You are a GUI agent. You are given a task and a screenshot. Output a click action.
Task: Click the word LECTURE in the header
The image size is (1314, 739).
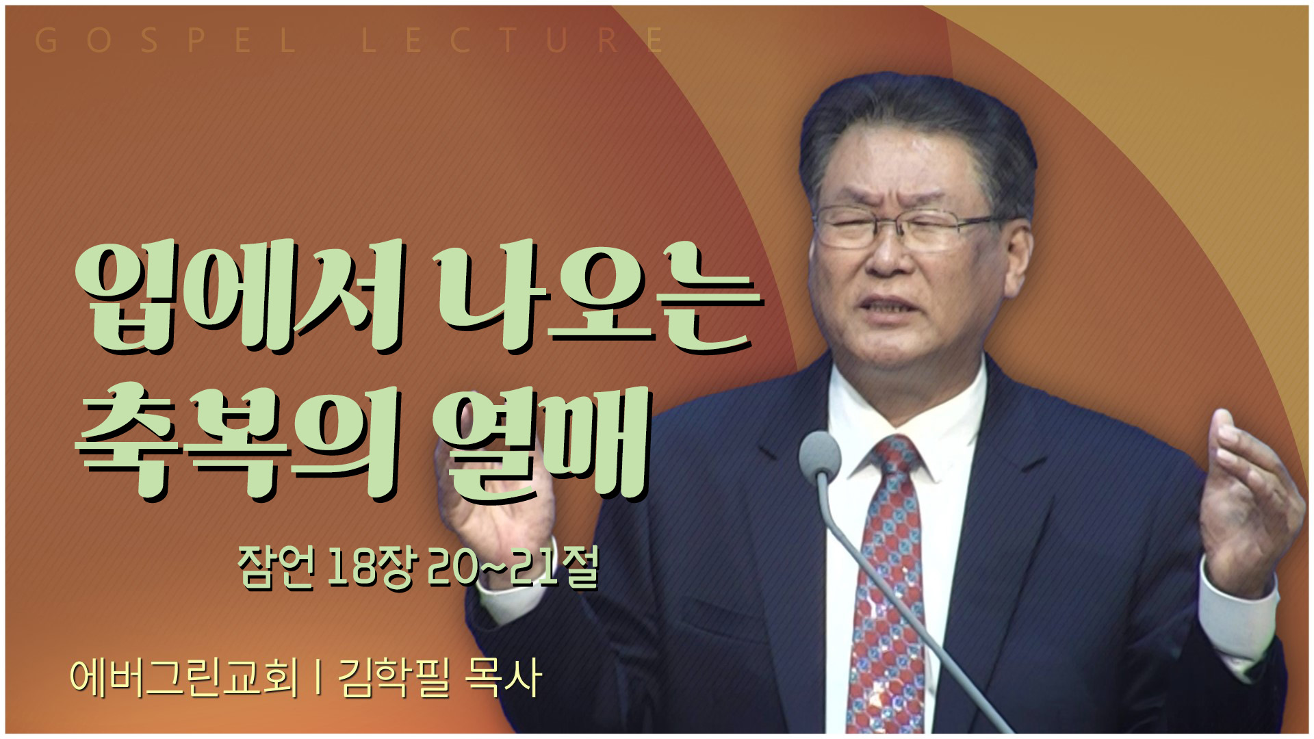tap(513, 40)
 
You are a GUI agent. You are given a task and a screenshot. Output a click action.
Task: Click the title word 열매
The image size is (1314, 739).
tap(541, 445)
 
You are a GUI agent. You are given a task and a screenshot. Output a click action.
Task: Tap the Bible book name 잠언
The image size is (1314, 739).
tap(276, 567)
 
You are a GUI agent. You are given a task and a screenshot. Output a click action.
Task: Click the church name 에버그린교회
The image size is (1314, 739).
tap(185, 677)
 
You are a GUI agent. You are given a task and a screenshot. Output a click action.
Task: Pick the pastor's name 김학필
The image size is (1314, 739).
tap(394, 677)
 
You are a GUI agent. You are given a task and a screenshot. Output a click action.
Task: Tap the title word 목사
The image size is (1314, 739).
tap(503, 677)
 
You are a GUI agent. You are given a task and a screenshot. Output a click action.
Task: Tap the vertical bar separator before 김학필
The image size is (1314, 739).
tap(318, 677)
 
